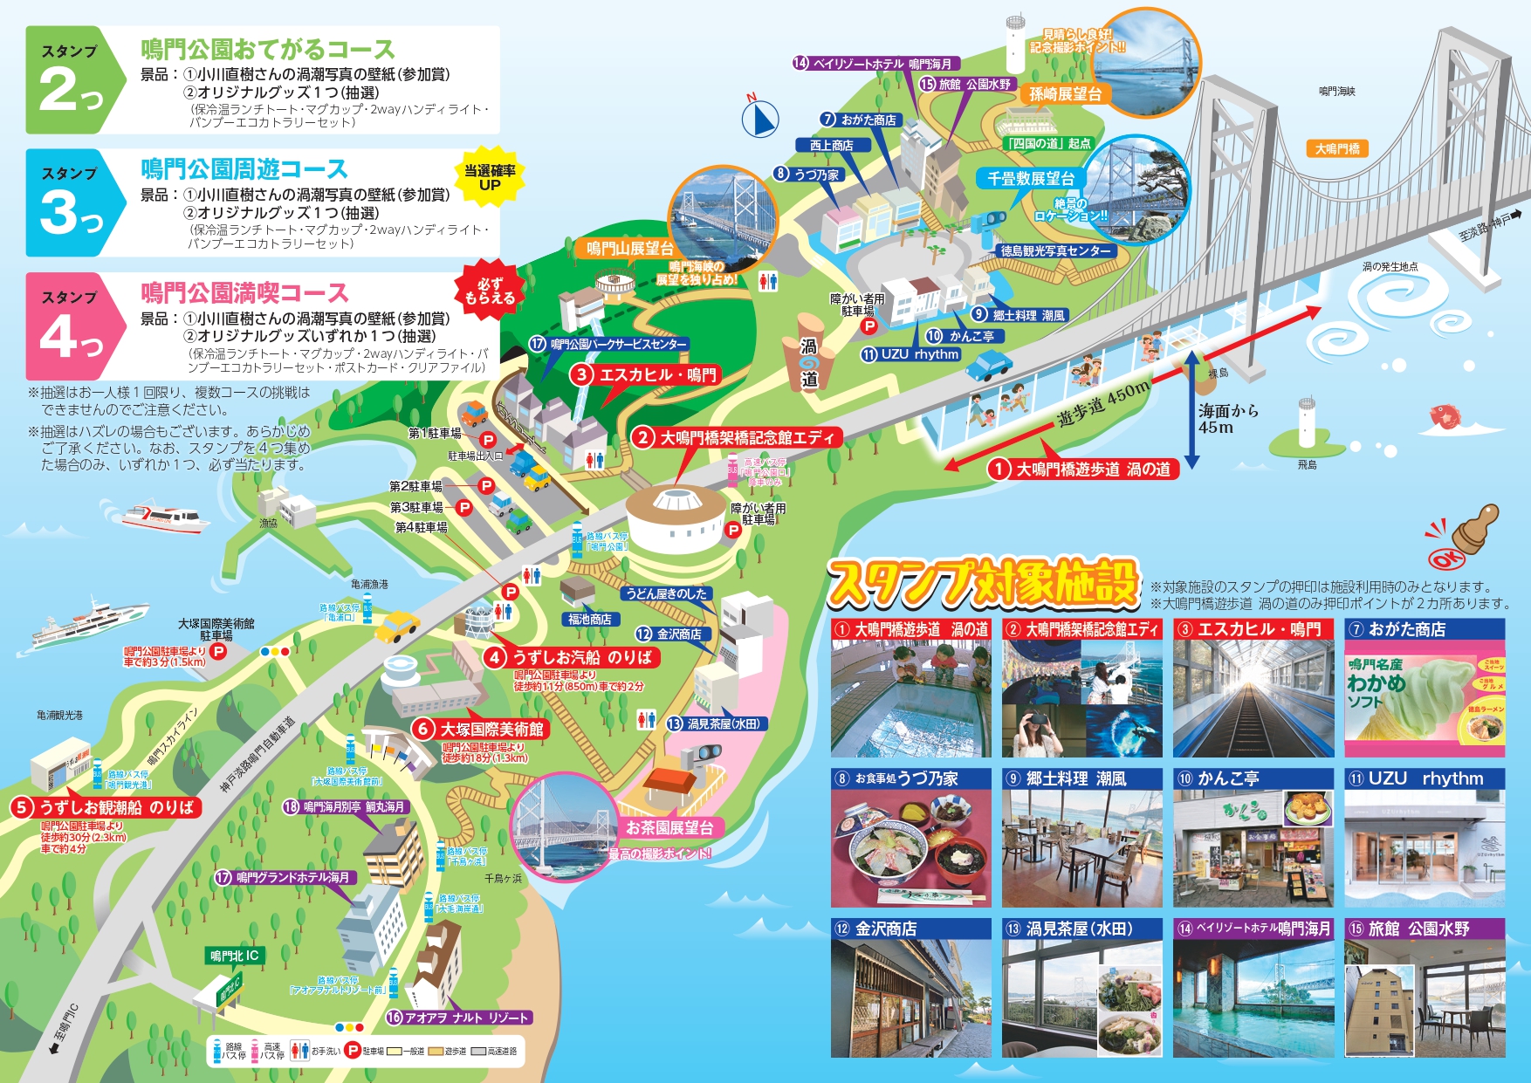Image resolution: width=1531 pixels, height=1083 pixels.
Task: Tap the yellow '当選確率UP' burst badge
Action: tap(489, 176)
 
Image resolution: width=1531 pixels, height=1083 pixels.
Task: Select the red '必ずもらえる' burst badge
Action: tap(489, 291)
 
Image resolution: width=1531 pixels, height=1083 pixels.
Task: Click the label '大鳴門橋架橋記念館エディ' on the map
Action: tap(738, 437)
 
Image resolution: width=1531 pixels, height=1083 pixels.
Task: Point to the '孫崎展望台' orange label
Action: tap(1065, 94)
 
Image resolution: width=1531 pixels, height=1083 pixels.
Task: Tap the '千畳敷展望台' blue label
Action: tap(1030, 179)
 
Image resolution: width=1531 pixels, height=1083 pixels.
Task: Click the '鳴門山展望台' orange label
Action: tap(629, 249)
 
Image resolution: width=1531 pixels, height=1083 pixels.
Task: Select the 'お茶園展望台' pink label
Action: tap(669, 827)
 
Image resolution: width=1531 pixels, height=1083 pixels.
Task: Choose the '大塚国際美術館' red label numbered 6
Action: tap(482, 729)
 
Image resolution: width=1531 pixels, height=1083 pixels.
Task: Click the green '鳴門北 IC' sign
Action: tap(235, 956)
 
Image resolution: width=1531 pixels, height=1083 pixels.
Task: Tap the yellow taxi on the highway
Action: tap(397, 626)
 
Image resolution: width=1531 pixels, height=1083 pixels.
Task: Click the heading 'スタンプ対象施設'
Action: tap(983, 583)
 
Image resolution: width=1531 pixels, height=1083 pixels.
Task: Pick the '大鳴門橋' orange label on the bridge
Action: tap(1337, 149)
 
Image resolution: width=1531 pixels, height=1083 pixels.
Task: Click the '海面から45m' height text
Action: tap(1228, 419)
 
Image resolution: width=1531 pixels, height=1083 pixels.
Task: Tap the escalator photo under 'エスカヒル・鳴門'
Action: tap(1253, 699)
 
